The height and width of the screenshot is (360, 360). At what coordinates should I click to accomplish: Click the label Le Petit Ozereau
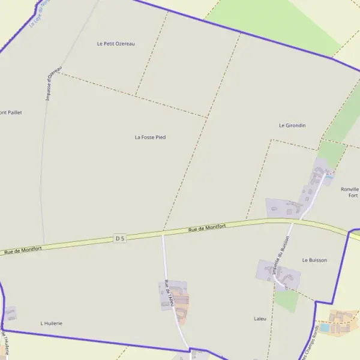[x=116, y=44]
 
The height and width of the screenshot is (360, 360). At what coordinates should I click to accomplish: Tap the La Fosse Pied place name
[x=150, y=137]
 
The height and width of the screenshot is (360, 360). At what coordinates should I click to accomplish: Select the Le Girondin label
[x=292, y=125]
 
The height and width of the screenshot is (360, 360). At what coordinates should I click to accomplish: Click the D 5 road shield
[x=120, y=238]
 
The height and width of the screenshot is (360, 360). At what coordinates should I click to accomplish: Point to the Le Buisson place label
[x=314, y=260]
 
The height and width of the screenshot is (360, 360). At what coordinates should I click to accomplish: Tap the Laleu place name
[x=260, y=319]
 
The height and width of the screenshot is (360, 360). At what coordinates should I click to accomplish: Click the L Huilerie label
[x=51, y=323]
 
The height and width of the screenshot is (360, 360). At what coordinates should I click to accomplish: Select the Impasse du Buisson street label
[x=280, y=254]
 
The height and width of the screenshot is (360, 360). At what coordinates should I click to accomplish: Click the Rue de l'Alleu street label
[x=170, y=293]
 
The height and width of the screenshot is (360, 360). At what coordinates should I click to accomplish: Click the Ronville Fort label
[x=350, y=192]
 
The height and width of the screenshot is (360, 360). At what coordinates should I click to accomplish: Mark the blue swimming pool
[x=325, y=328]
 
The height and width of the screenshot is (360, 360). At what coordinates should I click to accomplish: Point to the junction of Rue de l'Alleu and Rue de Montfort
[x=163, y=233]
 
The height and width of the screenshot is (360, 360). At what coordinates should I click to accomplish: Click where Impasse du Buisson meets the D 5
[x=292, y=222]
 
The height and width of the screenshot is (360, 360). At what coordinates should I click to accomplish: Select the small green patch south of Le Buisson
[x=287, y=301]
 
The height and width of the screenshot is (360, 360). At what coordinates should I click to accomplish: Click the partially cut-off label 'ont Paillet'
[x=11, y=112]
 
